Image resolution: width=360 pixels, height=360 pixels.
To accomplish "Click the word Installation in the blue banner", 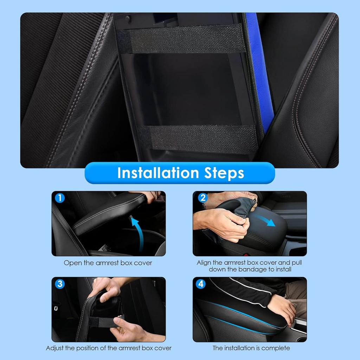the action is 158,173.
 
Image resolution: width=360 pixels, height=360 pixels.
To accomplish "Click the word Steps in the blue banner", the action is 224,173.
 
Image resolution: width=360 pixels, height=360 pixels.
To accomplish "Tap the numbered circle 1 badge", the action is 60,198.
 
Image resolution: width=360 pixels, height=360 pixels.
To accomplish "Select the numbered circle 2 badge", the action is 203,198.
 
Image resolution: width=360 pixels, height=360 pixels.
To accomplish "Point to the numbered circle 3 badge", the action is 60,284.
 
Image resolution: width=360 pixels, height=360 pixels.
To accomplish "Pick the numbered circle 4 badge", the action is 201,284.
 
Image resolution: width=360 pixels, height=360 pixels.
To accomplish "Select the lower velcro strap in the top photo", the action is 198,139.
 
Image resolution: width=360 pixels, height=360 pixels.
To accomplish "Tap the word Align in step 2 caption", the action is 204,263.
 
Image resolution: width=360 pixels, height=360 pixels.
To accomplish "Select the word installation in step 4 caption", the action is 239,348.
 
